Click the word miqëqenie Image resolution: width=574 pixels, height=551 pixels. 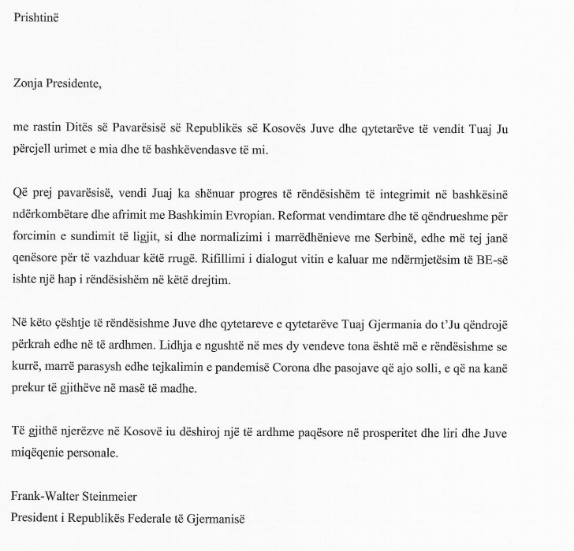[39, 453]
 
